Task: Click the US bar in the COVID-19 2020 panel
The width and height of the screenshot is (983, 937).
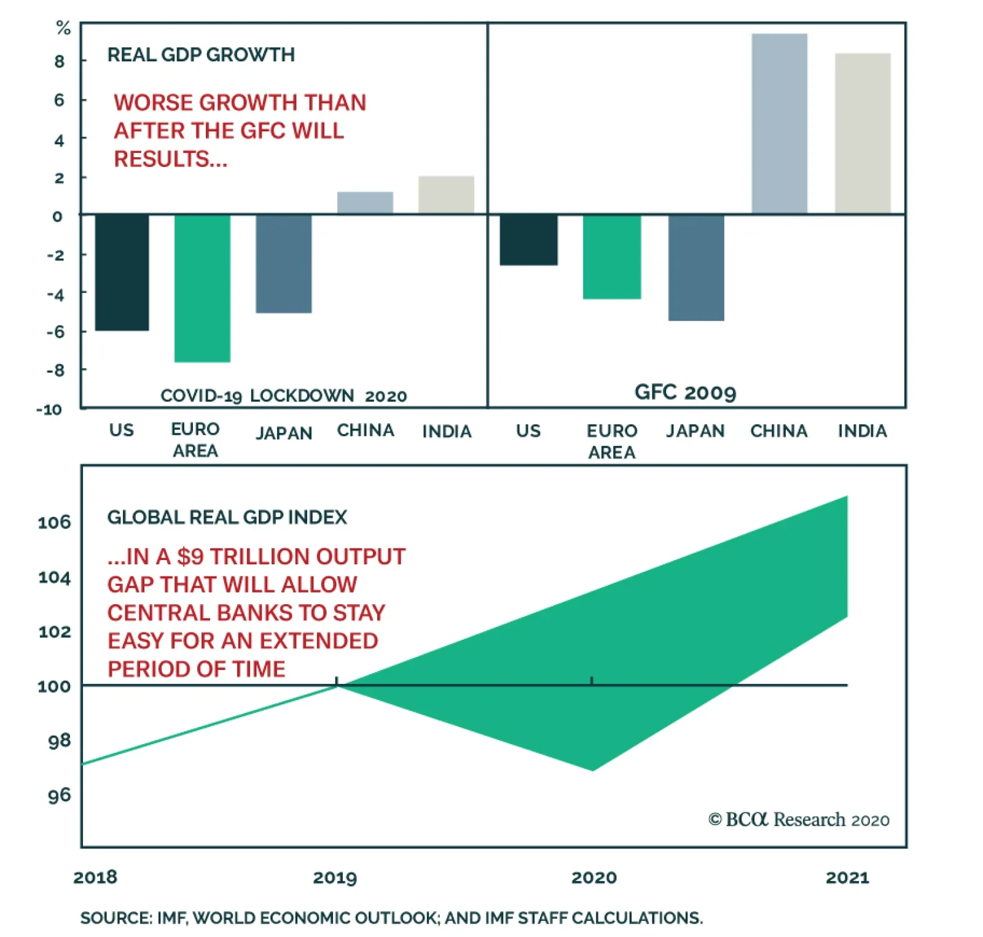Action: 122,273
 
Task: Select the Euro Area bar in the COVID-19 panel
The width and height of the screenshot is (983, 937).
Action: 202,288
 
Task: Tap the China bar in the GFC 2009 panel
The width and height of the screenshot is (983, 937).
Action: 779,123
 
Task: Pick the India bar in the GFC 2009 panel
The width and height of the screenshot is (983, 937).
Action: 863,133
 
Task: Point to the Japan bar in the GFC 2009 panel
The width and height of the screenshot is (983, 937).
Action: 696,267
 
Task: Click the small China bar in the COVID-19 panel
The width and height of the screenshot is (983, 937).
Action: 365,203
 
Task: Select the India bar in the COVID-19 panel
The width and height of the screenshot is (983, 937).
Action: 446,195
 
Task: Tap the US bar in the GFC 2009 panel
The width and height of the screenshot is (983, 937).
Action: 528,239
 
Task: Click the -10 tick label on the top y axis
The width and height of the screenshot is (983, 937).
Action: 49,410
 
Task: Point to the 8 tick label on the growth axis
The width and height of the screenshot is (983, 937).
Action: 59,61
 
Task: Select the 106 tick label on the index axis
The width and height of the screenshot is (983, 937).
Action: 54,523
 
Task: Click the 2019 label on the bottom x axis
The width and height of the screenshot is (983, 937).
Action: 335,877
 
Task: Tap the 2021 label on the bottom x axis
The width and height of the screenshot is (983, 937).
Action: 847,877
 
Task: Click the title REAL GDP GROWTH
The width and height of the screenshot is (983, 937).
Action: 201,55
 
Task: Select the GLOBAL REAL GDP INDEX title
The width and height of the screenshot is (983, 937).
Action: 227,517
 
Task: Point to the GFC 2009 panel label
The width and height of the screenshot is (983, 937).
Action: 685,392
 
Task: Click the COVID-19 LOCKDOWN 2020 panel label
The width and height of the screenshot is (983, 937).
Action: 283,395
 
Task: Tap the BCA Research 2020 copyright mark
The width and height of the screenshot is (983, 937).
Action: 799,820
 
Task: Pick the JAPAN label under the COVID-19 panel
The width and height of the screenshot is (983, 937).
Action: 284,433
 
